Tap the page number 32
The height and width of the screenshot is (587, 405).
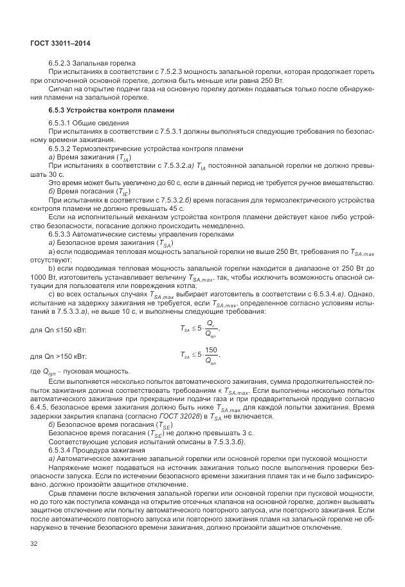coord(34,543)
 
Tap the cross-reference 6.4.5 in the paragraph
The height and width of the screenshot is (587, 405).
coord(40,408)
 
